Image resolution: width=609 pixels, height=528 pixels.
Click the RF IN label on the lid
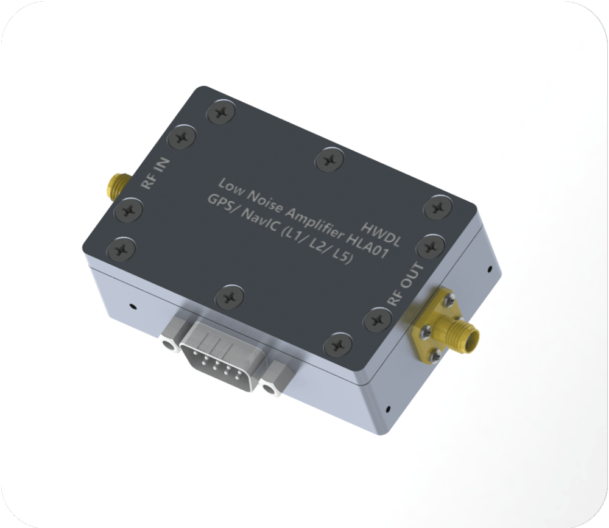[x=155, y=174]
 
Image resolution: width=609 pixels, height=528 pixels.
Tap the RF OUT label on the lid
[x=405, y=284]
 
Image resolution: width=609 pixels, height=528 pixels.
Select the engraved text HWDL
[x=381, y=234]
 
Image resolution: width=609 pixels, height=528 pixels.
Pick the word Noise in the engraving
[x=265, y=201]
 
